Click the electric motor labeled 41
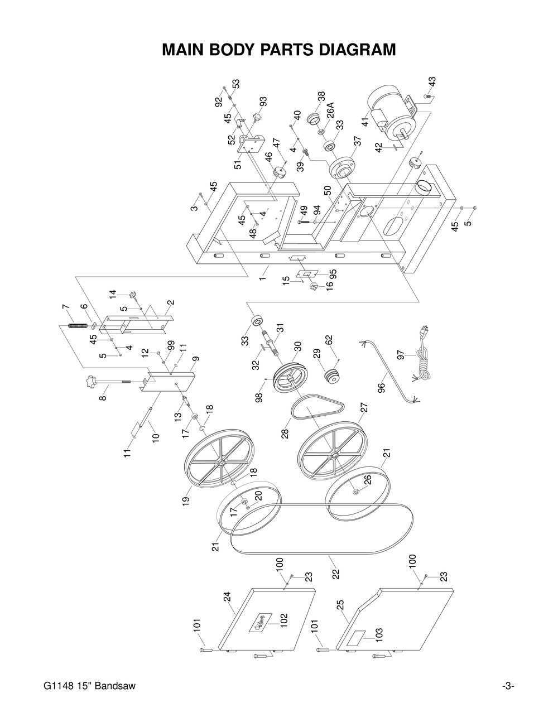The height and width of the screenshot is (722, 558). coord(391,112)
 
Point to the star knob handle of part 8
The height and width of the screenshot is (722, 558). coord(90,384)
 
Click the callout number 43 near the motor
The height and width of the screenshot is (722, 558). coord(432,81)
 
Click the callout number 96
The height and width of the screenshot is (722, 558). coord(382,387)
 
